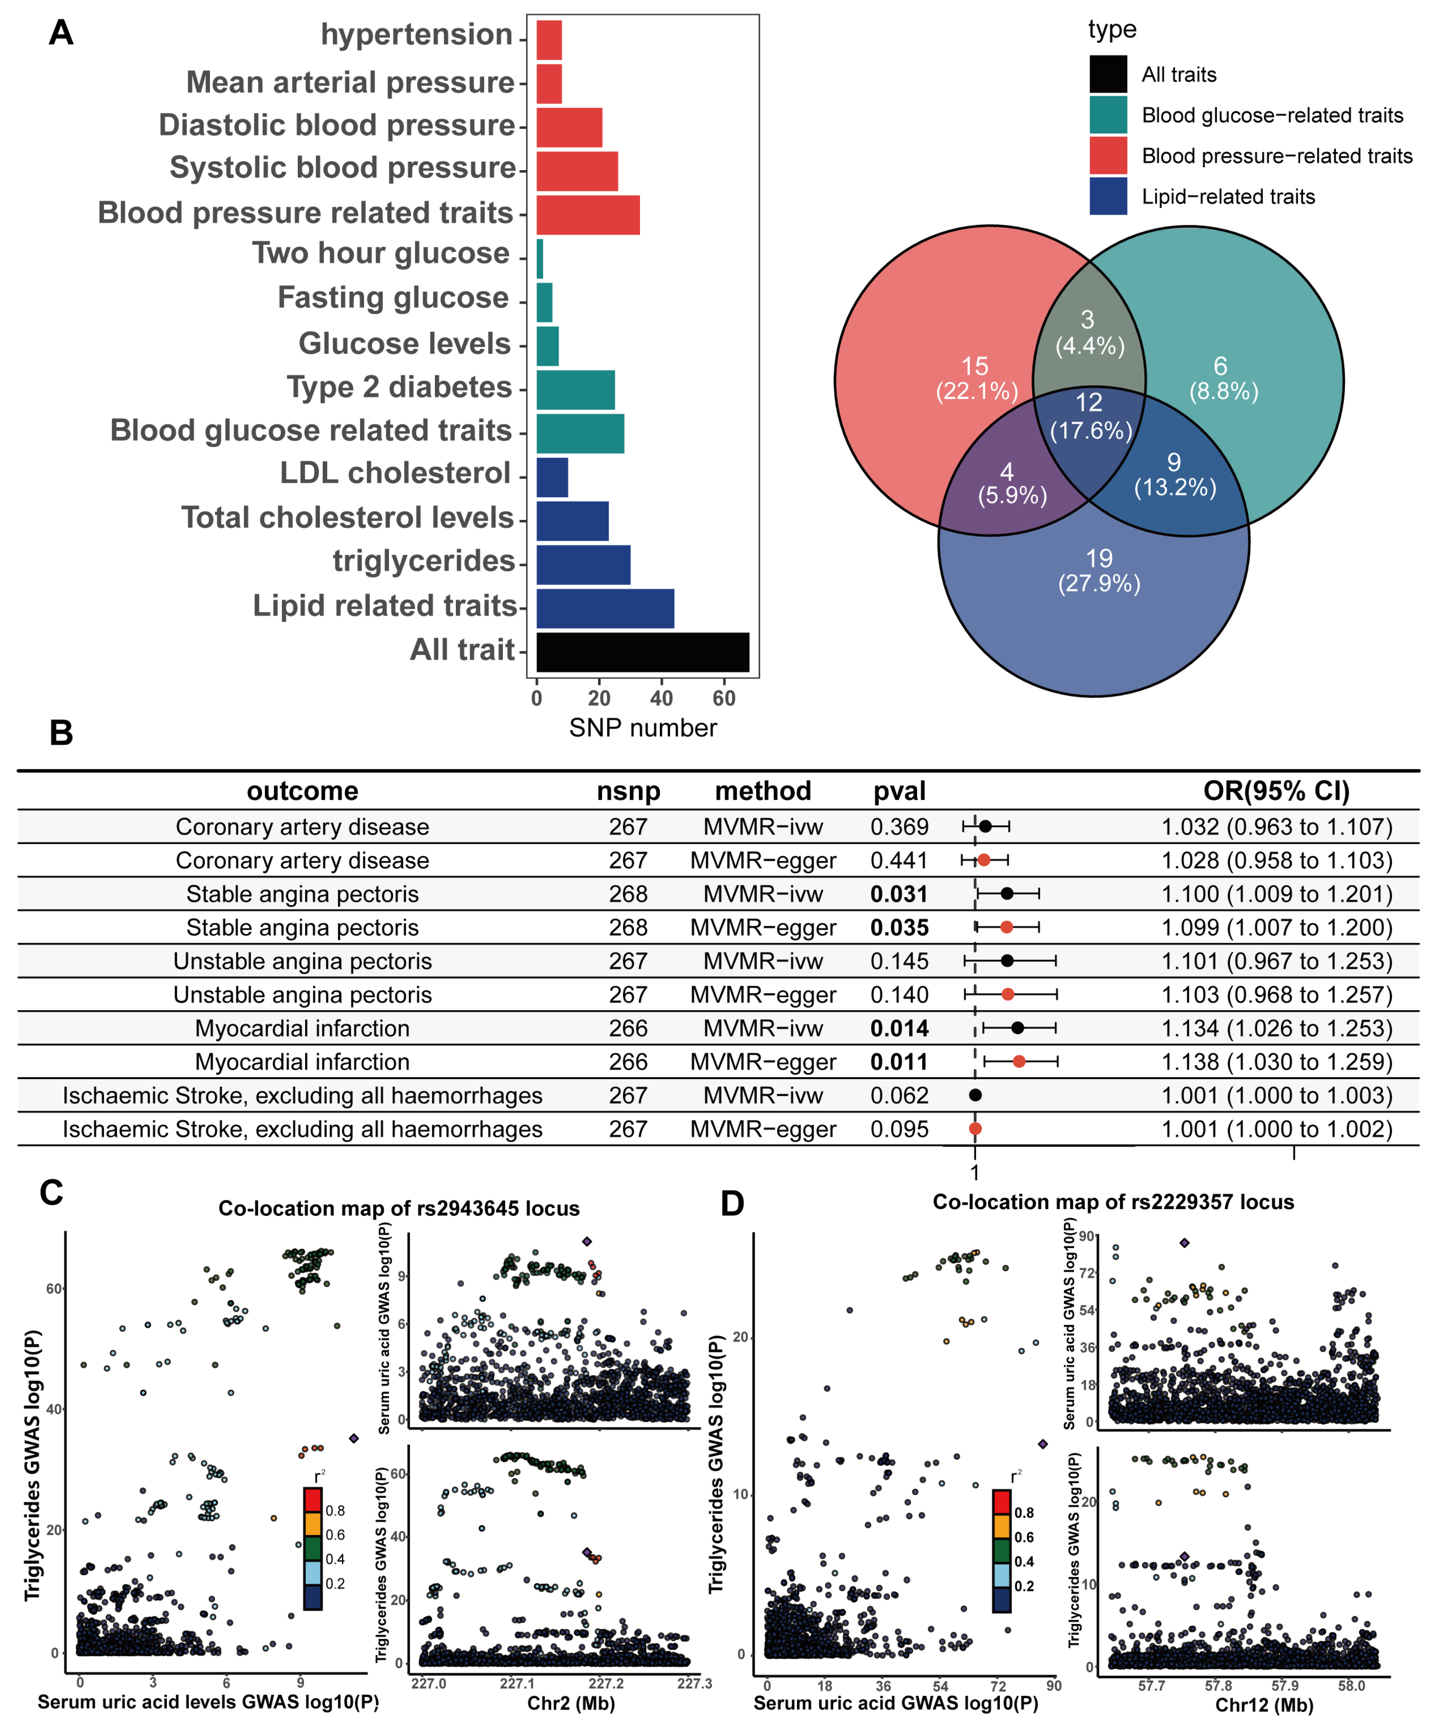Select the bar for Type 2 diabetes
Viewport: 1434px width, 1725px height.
pyautogui.click(x=575, y=389)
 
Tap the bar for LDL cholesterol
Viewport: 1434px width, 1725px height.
pyautogui.click(x=551, y=477)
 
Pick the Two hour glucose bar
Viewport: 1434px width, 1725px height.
pyautogui.click(x=540, y=259)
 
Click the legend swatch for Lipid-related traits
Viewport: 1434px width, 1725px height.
pyautogui.click(x=1108, y=196)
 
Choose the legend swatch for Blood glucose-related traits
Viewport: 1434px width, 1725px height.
pyautogui.click(x=1108, y=115)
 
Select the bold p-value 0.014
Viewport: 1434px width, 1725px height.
pyautogui.click(x=899, y=1028)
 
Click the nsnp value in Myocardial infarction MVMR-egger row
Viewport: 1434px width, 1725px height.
pyautogui.click(x=628, y=1062)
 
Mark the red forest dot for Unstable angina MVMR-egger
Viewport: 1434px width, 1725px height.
pyautogui.click(x=1008, y=995)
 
